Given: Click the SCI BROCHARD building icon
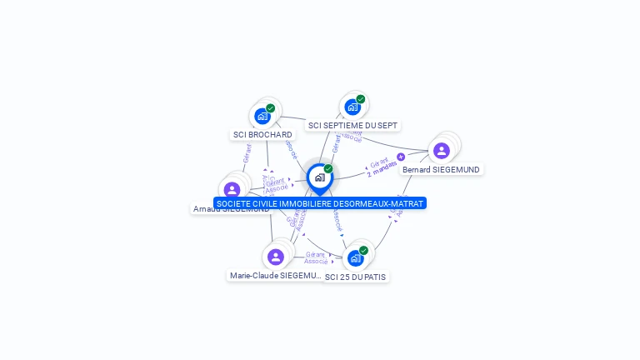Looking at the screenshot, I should [x=262, y=116].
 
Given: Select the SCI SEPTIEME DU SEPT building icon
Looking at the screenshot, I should [x=352, y=107].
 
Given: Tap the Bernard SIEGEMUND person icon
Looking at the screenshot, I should [x=441, y=150].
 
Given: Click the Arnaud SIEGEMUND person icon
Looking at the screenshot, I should [x=232, y=189].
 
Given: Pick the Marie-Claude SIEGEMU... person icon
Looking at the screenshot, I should [x=276, y=256].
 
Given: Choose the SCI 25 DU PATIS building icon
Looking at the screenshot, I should [x=356, y=257].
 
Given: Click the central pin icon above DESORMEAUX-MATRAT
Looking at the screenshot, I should [x=319, y=177].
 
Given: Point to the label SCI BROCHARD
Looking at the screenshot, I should [x=262, y=134].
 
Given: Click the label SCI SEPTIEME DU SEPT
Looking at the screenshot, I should [x=352, y=125].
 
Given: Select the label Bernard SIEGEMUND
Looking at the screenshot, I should [x=441, y=169].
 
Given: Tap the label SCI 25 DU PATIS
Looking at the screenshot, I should [x=356, y=277].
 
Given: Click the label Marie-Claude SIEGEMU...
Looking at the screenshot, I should [x=276, y=275].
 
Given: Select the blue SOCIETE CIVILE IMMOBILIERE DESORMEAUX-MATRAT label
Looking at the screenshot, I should [x=320, y=203].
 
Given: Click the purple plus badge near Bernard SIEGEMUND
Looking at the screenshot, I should [x=401, y=157].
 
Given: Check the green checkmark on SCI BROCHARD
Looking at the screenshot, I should [x=271, y=108].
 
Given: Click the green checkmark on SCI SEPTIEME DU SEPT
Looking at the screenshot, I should [x=361, y=99].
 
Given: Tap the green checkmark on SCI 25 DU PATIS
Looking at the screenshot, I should [x=363, y=250].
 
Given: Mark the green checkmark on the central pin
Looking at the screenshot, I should [x=328, y=169].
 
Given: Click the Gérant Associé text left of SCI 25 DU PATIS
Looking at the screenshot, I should [x=315, y=257].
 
